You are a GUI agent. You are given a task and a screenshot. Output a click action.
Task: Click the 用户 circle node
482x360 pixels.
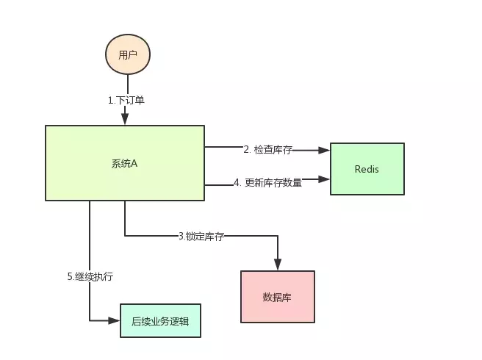128,54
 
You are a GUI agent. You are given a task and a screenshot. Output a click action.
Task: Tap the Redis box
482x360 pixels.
367,168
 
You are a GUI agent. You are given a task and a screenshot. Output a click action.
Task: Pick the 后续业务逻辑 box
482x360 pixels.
159,321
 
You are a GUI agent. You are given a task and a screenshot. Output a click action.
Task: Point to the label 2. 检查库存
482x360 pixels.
268,150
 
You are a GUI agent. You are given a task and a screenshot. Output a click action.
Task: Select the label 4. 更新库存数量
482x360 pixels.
268,183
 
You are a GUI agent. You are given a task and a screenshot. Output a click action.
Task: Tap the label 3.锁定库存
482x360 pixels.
201,236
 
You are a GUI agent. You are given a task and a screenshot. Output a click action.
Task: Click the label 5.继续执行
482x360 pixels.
90,277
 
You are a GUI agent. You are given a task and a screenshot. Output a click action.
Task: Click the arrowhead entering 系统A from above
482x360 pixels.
125,119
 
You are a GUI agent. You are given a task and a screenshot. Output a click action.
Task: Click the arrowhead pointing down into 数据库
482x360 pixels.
278,265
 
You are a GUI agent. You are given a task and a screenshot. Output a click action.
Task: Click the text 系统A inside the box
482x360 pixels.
125,163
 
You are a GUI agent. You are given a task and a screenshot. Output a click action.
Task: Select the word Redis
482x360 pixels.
367,169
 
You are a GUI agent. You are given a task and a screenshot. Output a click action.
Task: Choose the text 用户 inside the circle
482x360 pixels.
128,54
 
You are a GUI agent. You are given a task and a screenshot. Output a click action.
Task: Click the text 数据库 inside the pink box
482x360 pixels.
277,298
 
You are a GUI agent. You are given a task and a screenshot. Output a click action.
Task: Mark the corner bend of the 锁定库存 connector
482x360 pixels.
278,236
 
